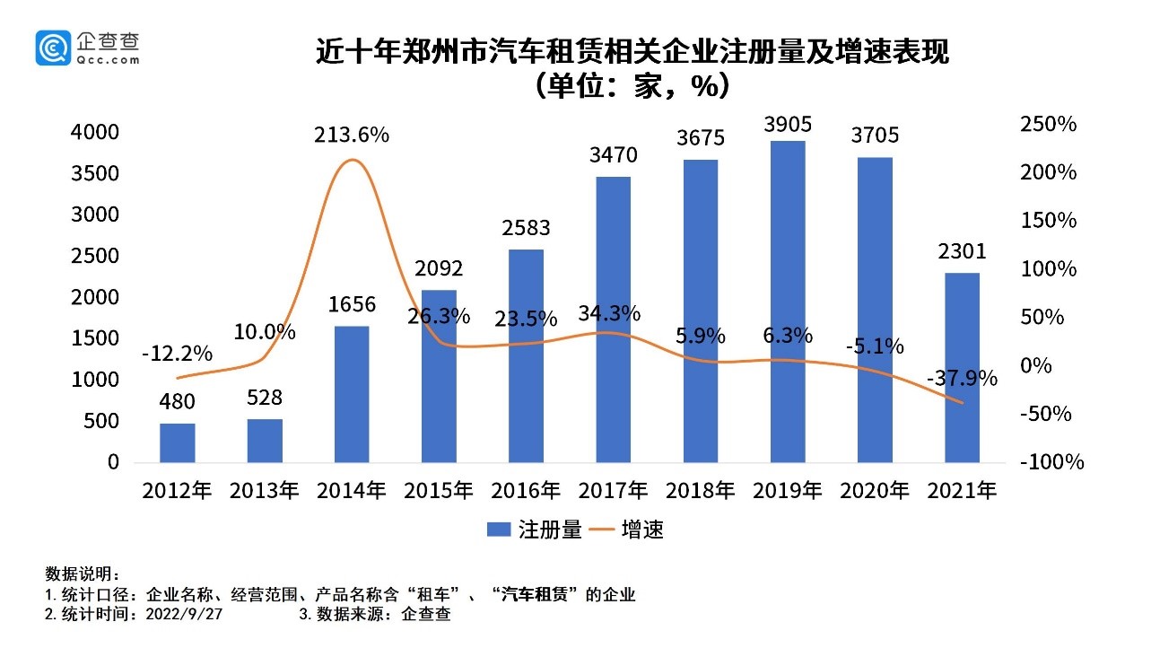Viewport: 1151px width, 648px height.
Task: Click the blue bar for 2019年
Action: tap(788, 302)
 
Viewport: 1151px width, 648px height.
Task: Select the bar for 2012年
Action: tap(177, 442)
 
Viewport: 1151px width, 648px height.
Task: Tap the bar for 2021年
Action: tap(962, 367)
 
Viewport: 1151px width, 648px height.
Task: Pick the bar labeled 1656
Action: tap(351, 394)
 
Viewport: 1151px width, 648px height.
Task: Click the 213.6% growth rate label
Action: tap(351, 136)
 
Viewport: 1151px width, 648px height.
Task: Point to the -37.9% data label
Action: tap(962, 379)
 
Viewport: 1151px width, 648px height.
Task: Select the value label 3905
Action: tap(788, 122)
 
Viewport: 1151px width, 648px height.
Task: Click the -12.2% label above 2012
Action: tap(177, 353)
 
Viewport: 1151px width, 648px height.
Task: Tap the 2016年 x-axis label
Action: tap(526, 491)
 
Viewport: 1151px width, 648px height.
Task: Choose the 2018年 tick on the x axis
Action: tap(700, 491)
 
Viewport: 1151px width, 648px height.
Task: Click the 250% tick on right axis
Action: tap(1048, 125)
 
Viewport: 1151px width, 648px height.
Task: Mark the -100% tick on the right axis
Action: tap(1051, 463)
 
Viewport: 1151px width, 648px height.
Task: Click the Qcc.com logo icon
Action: tap(53, 47)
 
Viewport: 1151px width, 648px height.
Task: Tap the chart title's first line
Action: tap(632, 53)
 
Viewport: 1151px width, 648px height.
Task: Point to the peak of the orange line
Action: tap(351, 161)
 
